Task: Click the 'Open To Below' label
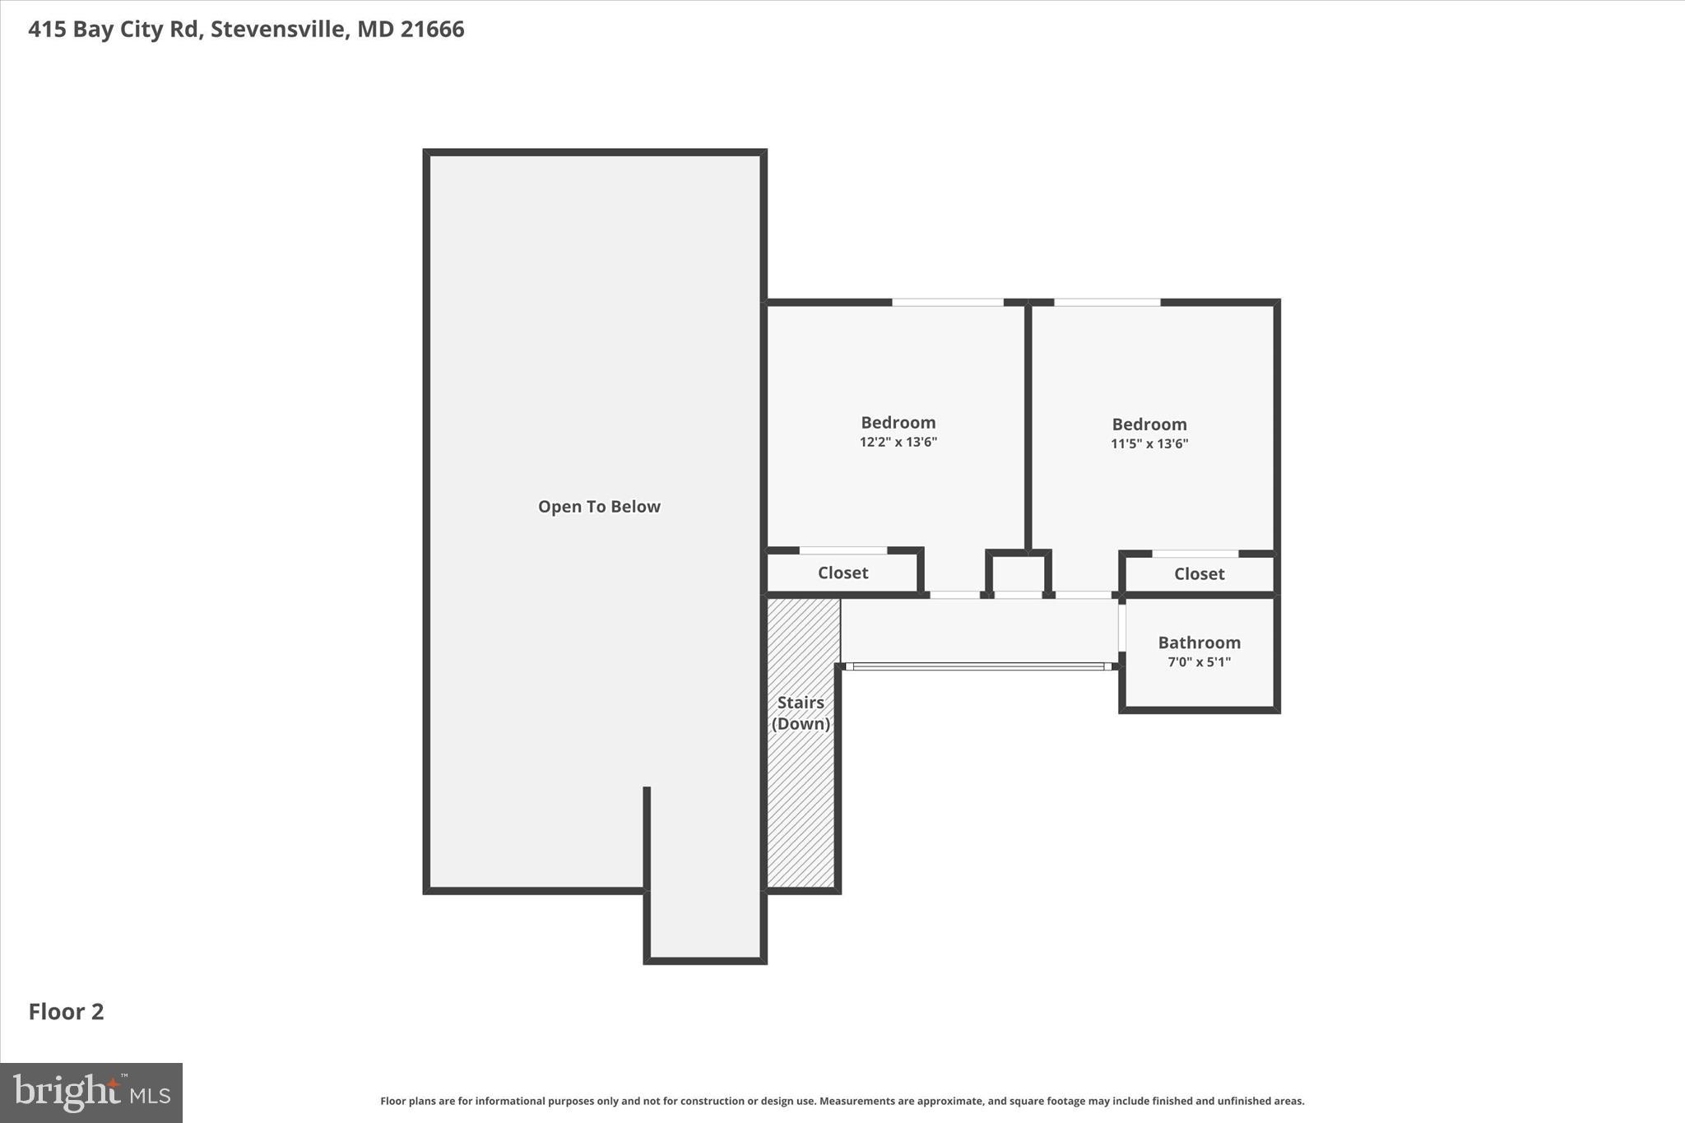599,507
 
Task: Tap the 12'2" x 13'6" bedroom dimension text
898,443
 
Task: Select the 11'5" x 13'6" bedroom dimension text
1149,444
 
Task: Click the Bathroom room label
1199,643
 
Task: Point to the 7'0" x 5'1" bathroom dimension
1199,662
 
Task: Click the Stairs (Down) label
801,713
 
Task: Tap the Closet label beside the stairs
842,573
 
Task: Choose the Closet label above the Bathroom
1199,574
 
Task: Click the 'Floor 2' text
66,1012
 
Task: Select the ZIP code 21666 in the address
433,29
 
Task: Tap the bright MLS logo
91,1093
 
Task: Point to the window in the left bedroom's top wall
947,303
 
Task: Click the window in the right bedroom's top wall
1107,303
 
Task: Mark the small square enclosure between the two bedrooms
1018,573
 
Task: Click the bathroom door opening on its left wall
1121,629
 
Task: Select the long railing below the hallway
979,666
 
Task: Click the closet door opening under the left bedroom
842,550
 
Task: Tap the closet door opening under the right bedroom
1195,554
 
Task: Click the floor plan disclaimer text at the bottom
842,1101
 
